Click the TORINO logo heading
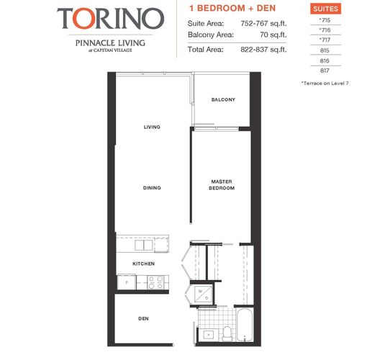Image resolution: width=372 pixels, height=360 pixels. [111, 19]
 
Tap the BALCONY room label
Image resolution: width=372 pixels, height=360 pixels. [223, 99]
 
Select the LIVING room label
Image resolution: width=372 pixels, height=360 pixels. [152, 127]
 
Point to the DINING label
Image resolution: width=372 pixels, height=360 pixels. [152, 188]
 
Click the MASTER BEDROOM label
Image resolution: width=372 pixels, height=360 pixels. [222, 185]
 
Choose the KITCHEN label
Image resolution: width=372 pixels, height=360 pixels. [143, 264]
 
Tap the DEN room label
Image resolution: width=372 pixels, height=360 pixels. [143, 319]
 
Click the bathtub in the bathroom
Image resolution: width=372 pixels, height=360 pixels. [245, 325]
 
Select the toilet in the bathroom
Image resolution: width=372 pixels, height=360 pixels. [227, 333]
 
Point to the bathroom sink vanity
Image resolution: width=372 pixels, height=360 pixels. [208, 335]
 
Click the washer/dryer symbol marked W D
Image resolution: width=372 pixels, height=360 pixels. [203, 294]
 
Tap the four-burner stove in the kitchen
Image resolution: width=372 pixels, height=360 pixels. [156, 282]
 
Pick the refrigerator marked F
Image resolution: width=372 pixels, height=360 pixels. [127, 282]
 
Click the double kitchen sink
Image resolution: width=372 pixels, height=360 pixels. [144, 245]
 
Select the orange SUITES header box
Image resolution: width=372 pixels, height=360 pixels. [325, 9]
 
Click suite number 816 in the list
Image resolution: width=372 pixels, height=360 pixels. [325, 61]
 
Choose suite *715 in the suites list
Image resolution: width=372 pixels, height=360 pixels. [325, 20]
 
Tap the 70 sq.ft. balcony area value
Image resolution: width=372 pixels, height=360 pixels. [273, 35]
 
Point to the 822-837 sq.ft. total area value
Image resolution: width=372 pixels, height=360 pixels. [263, 50]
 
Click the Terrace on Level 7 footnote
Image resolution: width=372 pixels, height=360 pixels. [325, 84]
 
